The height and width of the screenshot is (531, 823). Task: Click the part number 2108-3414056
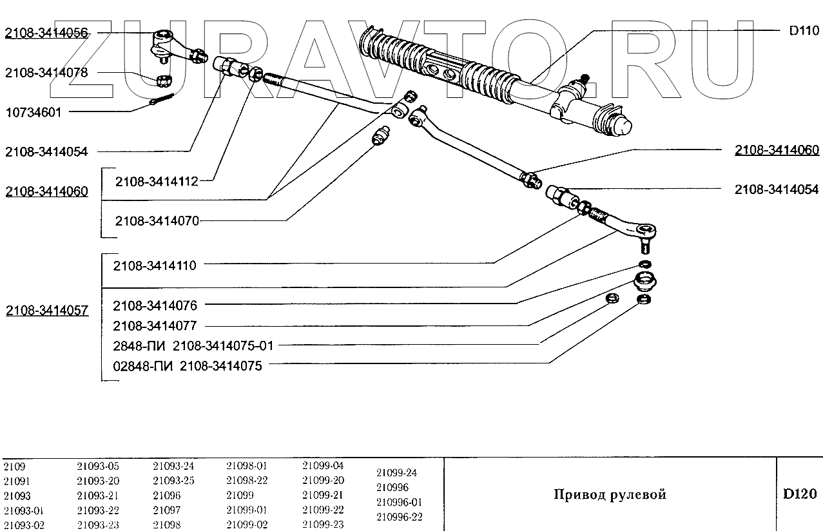(46, 33)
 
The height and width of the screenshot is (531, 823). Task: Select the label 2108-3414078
(46, 73)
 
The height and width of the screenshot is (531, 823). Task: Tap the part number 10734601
(34, 112)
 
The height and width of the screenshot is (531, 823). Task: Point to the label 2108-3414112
(157, 182)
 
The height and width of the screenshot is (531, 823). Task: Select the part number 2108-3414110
(155, 265)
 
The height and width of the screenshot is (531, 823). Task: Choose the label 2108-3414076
(155, 305)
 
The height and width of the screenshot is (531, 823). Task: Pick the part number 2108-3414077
(155, 325)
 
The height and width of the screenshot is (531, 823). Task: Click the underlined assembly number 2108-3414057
(46, 310)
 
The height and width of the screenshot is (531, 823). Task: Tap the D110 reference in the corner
(803, 31)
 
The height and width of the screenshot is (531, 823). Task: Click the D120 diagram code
(800, 494)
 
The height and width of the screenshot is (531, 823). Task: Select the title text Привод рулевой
(610, 494)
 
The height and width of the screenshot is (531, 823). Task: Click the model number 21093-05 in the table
(98, 466)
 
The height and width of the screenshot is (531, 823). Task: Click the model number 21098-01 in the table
(246, 466)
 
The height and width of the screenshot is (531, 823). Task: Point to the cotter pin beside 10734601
(162, 100)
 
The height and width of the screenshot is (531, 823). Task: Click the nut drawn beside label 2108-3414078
(165, 81)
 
